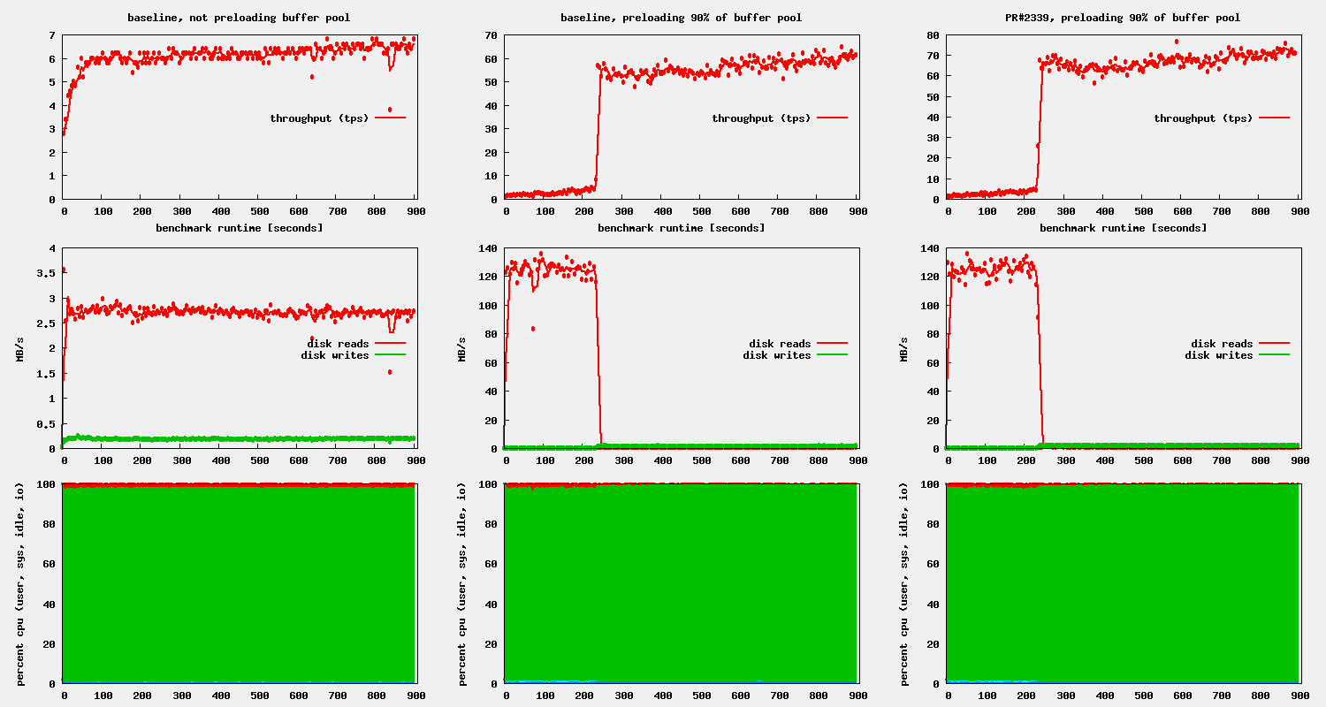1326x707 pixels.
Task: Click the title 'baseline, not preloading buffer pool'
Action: pyautogui.click(x=239, y=18)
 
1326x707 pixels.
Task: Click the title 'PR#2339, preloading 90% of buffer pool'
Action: pyautogui.click(x=1123, y=18)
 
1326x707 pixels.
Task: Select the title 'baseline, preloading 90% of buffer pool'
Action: pyautogui.click(x=681, y=18)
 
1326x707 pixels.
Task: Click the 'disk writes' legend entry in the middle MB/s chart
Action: pyautogui.click(x=777, y=355)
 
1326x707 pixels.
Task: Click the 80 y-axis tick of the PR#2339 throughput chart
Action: pyautogui.click(x=934, y=35)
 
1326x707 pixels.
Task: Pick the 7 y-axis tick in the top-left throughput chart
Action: pyautogui.click(x=52, y=35)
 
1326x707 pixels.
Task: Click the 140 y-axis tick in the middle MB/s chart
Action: pyautogui.click(x=488, y=248)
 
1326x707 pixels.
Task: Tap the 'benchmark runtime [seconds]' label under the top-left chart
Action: pyautogui.click(x=239, y=228)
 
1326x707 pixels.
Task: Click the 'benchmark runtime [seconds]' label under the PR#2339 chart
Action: pyautogui.click(x=1123, y=228)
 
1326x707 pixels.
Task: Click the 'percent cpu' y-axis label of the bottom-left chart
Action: pyautogui.click(x=20, y=583)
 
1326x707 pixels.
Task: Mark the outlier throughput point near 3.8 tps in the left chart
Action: pyautogui.click(x=389, y=110)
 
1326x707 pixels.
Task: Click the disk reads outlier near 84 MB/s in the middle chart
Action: pyautogui.click(x=533, y=329)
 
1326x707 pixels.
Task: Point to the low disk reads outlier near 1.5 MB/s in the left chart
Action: pyautogui.click(x=389, y=372)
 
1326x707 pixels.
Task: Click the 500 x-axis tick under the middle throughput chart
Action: pyautogui.click(x=702, y=211)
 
